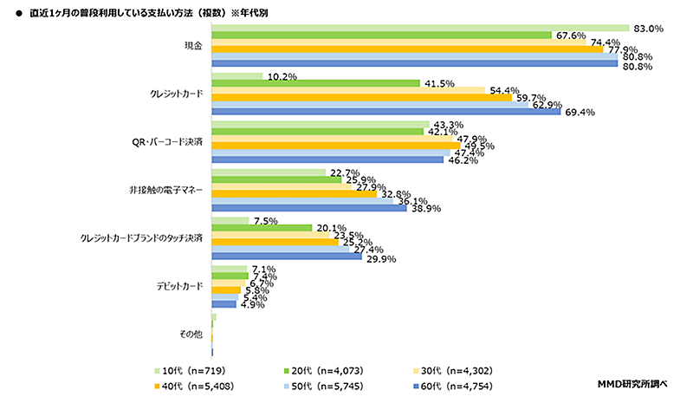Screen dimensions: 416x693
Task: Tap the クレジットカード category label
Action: (x=176, y=93)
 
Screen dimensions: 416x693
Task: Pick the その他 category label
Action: (x=191, y=332)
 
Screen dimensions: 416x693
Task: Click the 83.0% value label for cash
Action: (x=646, y=29)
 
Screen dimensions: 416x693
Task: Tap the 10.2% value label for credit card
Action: (x=282, y=76)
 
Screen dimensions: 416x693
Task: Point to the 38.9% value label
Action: (x=424, y=208)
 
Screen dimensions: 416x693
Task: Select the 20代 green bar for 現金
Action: (x=381, y=36)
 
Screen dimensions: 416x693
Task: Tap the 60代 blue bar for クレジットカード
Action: (x=386, y=112)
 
